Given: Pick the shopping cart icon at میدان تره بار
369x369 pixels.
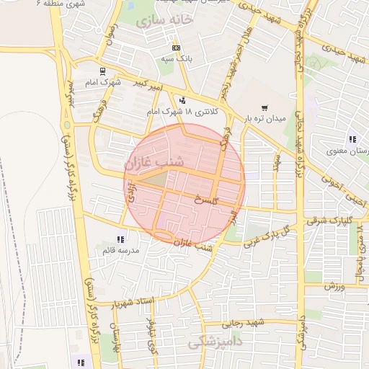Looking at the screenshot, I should coord(264,107).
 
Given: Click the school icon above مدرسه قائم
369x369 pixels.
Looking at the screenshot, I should coord(120,239).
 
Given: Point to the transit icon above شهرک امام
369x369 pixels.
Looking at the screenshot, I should coord(102,71).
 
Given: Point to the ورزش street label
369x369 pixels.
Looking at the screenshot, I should coord(337,287).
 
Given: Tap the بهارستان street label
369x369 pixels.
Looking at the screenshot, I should coord(113,337).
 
